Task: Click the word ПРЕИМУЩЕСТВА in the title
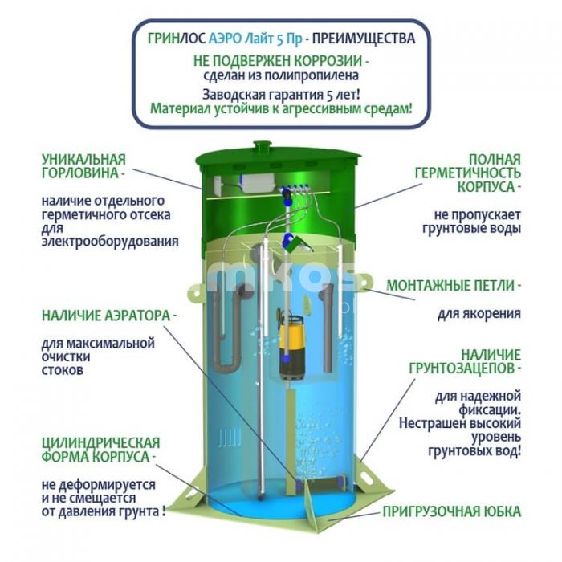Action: (364, 39)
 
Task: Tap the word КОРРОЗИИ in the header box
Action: (328, 61)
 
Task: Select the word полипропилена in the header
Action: (307, 75)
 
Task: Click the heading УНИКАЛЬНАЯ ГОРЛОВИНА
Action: (83, 166)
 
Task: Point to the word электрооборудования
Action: (110, 241)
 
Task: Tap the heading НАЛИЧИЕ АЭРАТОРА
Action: (106, 316)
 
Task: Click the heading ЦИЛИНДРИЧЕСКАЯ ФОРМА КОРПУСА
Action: (100, 450)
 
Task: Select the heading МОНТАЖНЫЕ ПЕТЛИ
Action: (451, 286)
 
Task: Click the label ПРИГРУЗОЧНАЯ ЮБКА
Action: (451, 511)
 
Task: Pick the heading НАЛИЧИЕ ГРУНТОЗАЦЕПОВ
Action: (465, 361)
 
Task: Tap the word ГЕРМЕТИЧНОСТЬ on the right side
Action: (468, 173)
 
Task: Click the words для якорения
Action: (479, 314)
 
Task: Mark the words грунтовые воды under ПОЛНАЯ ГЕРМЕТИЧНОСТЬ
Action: (471, 229)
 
